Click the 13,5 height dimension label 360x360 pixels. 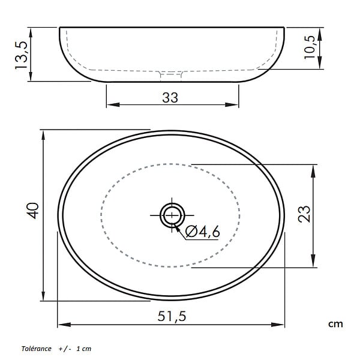pos(22,55)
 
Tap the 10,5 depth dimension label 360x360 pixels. pos(310,47)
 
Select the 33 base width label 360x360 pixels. pos(170,98)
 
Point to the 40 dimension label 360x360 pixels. pos(32,211)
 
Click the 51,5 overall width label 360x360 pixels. pos(172,316)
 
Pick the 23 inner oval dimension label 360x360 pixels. pos(304,214)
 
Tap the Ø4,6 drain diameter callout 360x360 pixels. pos(203,232)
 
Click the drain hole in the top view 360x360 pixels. pos(172,215)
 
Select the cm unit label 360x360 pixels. pos(335,324)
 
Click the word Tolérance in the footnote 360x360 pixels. pos(36,349)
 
